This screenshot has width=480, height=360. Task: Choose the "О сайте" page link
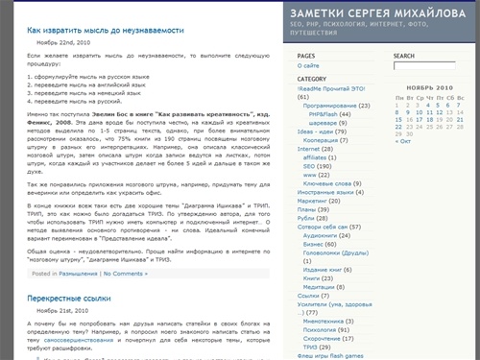(x=309, y=66)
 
